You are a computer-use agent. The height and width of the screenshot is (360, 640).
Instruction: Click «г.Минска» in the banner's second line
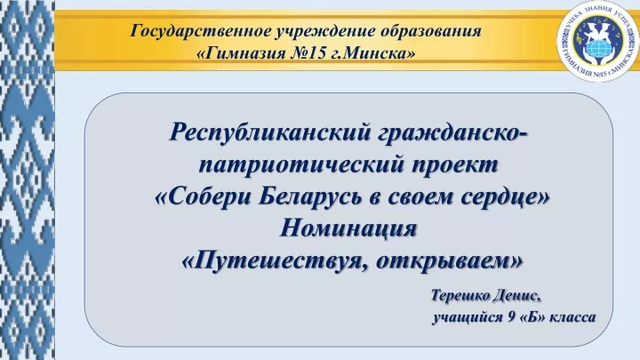pyautogui.click(x=372, y=53)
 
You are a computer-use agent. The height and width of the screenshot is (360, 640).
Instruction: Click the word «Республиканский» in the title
pyautogui.click(x=271, y=132)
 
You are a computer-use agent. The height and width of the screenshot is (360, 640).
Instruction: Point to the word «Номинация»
pyautogui.click(x=348, y=228)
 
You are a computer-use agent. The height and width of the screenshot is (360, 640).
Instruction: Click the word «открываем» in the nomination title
pyautogui.click(x=449, y=261)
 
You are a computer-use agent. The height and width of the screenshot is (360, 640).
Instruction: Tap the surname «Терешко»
pyautogui.click(x=460, y=295)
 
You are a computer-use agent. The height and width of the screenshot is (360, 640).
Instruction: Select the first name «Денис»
pyautogui.click(x=516, y=295)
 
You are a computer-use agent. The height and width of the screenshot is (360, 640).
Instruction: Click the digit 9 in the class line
pyautogui.click(x=512, y=316)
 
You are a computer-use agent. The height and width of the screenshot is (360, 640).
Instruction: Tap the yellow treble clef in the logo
pyautogui.click(x=579, y=39)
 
